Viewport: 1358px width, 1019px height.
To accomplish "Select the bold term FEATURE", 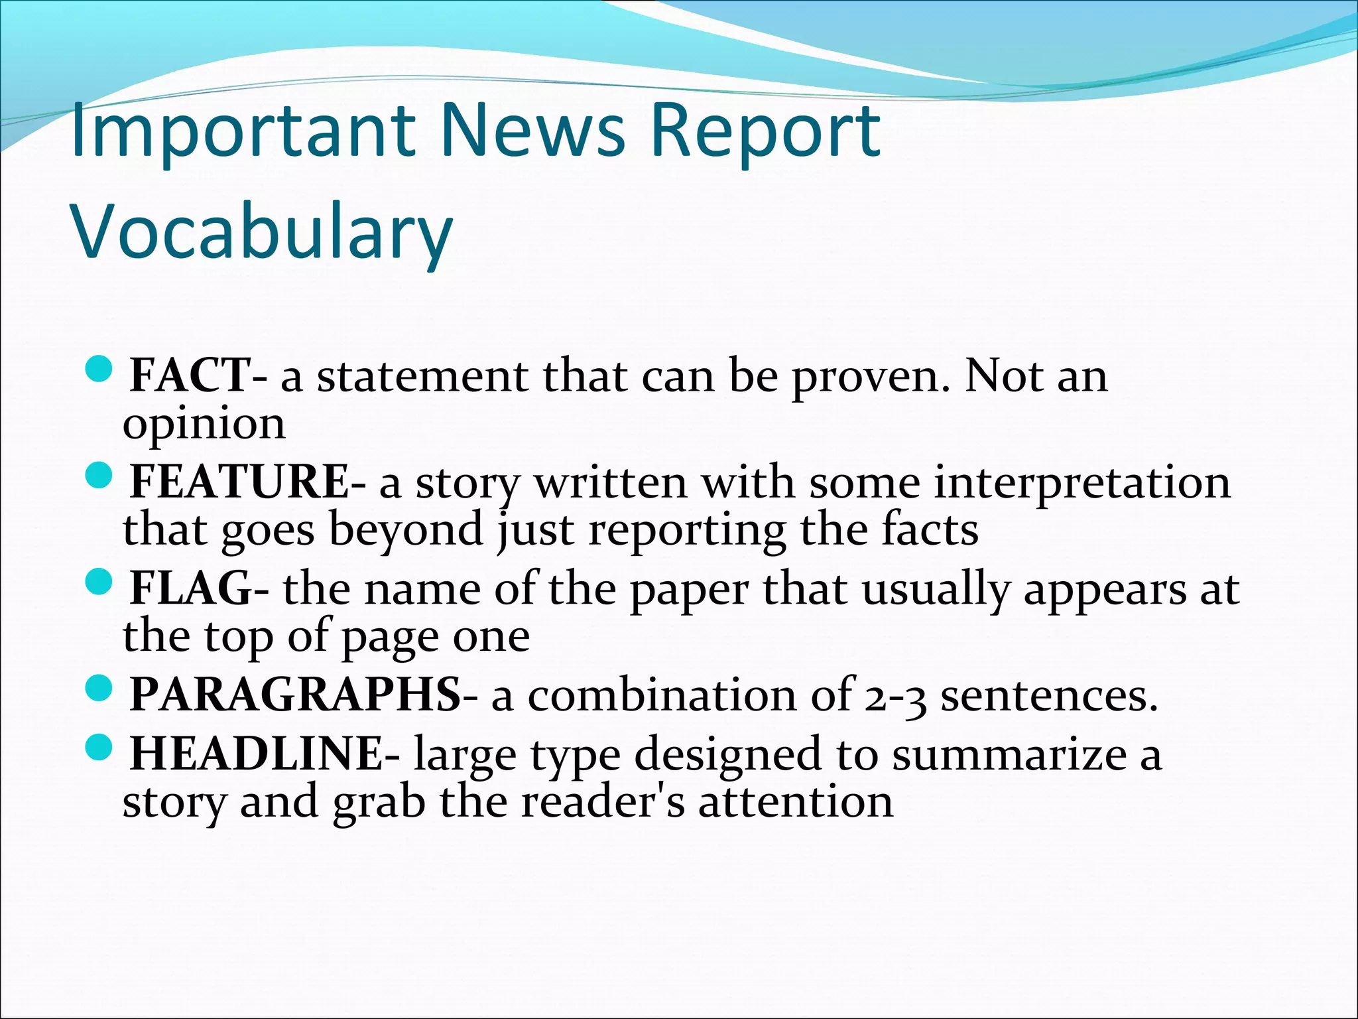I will (x=239, y=482).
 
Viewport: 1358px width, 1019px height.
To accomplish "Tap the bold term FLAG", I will (x=191, y=589).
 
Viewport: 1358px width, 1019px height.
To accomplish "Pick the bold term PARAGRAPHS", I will (x=295, y=695).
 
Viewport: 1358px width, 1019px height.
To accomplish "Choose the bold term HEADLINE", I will (x=256, y=754).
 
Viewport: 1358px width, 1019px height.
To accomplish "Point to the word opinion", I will (x=204, y=425).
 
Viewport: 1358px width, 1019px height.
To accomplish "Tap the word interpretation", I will (x=1082, y=482).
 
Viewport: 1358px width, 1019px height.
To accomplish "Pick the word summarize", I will (x=1009, y=755).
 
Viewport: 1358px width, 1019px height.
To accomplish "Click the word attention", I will (x=795, y=802).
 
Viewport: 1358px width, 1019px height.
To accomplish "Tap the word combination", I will (x=662, y=696).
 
